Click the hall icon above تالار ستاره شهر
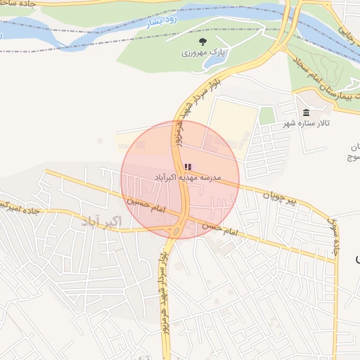point(306,113)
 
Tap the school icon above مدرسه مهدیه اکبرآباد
point(186,167)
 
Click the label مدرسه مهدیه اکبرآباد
point(187,178)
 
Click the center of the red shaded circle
point(180,179)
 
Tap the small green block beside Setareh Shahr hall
point(266,116)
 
